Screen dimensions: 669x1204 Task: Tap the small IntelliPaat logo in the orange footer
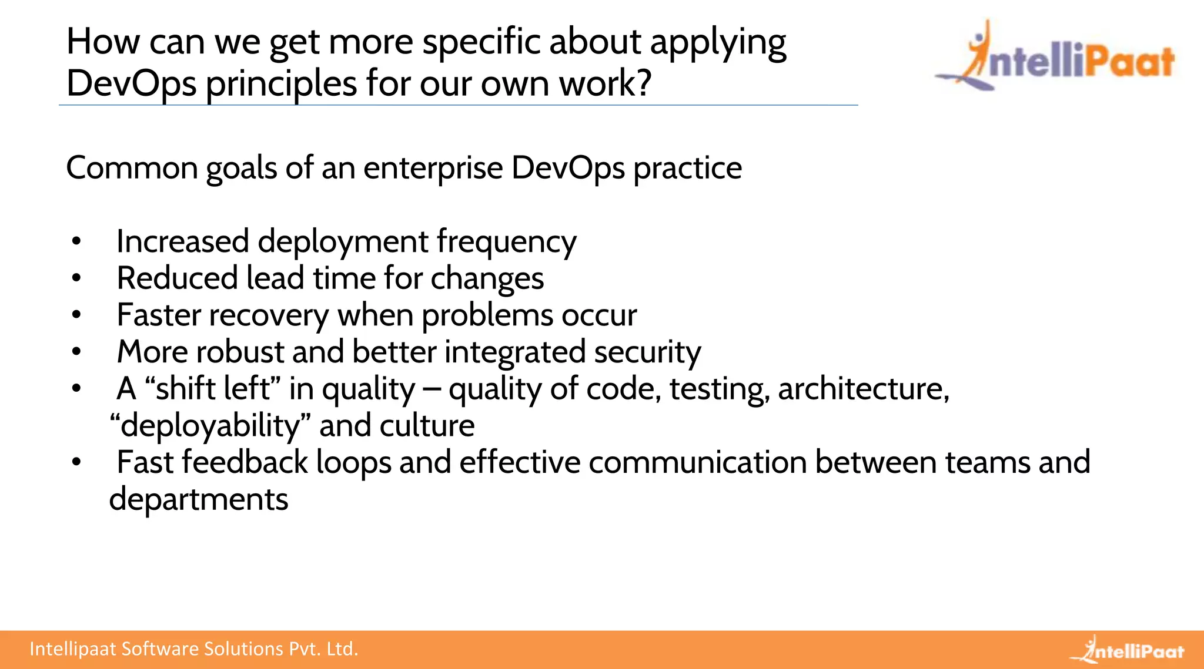coord(1127,650)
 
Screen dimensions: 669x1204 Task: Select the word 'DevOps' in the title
coord(131,83)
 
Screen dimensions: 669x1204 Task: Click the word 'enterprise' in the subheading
coord(433,168)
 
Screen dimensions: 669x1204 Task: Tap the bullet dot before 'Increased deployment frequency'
coord(76,241)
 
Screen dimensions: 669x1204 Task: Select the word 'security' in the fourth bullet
coord(647,352)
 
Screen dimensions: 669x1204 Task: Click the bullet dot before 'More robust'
coord(76,352)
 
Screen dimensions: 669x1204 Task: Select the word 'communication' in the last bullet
coord(697,462)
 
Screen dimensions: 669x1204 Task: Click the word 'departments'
coord(199,500)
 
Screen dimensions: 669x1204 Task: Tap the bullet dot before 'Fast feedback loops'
coord(76,463)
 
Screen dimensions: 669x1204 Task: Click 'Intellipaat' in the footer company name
coord(73,649)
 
